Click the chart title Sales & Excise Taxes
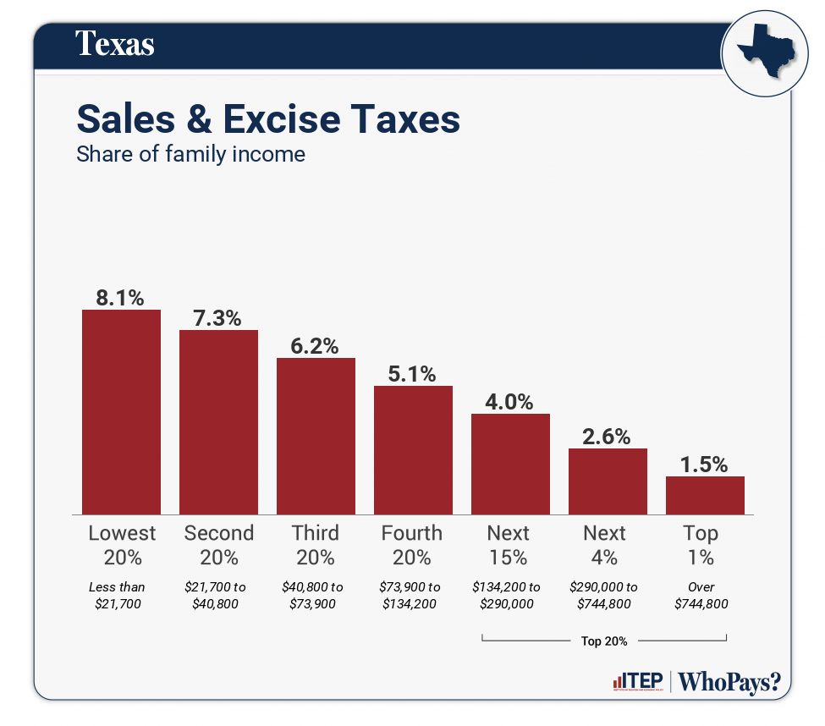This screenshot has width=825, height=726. point(268,119)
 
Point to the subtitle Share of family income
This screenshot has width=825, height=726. point(190,155)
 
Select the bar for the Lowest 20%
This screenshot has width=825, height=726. point(121,412)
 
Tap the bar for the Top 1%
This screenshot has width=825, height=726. point(705,495)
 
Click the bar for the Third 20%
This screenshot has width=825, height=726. point(316,436)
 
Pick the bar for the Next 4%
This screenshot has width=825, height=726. point(608,481)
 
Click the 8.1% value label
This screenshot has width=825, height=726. point(120,297)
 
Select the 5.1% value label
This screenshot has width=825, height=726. point(412,373)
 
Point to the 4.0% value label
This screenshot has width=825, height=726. point(509,401)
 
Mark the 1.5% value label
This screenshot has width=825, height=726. point(704,464)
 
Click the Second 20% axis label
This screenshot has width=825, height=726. point(218,545)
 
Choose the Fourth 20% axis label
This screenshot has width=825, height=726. point(412,545)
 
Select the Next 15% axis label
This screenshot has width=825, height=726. point(509,545)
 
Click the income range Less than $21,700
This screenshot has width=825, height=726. point(118,595)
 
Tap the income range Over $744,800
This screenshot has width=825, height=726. point(701,595)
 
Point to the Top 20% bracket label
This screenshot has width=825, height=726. point(604,641)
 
